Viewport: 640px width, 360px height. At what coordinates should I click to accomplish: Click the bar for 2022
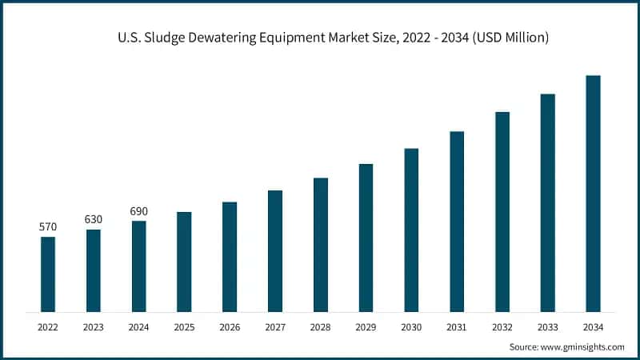coord(48,274)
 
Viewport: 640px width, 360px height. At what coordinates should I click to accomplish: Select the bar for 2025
coord(184,262)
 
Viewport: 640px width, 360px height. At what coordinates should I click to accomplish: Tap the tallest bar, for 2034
coord(593,193)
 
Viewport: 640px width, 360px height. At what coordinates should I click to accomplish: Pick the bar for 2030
coord(411,230)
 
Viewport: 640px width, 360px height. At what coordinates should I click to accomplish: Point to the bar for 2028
coord(321,244)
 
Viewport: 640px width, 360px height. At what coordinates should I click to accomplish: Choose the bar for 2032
coord(502,211)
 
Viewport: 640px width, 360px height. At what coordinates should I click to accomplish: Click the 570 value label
coord(48,227)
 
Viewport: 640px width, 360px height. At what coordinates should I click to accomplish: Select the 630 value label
coord(94,219)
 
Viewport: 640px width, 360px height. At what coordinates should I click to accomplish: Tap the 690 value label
coord(138,211)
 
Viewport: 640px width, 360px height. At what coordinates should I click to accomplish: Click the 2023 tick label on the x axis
coord(94,327)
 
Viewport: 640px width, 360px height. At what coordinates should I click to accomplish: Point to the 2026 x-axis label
coord(230,327)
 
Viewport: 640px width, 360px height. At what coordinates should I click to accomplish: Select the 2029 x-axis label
coord(366,327)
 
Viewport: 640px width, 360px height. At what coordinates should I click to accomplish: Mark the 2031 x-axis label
coord(457,327)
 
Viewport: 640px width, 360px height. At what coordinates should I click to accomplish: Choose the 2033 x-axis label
coord(547,327)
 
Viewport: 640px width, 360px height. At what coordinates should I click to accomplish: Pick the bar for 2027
coord(275,250)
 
